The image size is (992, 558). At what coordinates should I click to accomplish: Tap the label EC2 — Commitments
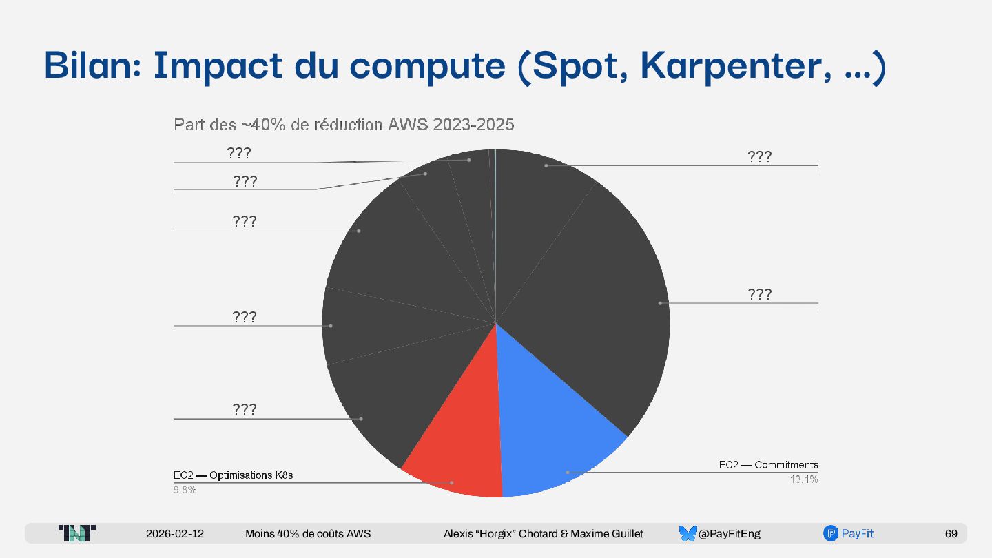pyautogui.click(x=768, y=465)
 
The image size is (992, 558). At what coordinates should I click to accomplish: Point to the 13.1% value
pyautogui.click(x=804, y=479)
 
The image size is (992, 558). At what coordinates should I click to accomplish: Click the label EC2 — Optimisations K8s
pyautogui.click(x=233, y=475)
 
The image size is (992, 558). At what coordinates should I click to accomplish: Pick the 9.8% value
pyautogui.click(x=185, y=490)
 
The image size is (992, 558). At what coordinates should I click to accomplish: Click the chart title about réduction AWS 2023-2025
pyautogui.click(x=344, y=125)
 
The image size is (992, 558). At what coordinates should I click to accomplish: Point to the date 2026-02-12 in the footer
pyautogui.click(x=175, y=533)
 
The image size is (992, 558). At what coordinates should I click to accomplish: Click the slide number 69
pyautogui.click(x=951, y=533)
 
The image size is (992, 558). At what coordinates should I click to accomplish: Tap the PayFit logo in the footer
pyautogui.click(x=849, y=533)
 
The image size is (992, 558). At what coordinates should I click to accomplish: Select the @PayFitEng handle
pyautogui.click(x=730, y=533)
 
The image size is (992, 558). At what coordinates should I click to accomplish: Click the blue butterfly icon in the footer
pyautogui.click(x=688, y=533)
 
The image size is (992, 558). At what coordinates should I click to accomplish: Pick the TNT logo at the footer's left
pyautogui.click(x=77, y=533)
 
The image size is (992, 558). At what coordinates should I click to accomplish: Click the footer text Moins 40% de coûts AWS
pyautogui.click(x=308, y=533)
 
